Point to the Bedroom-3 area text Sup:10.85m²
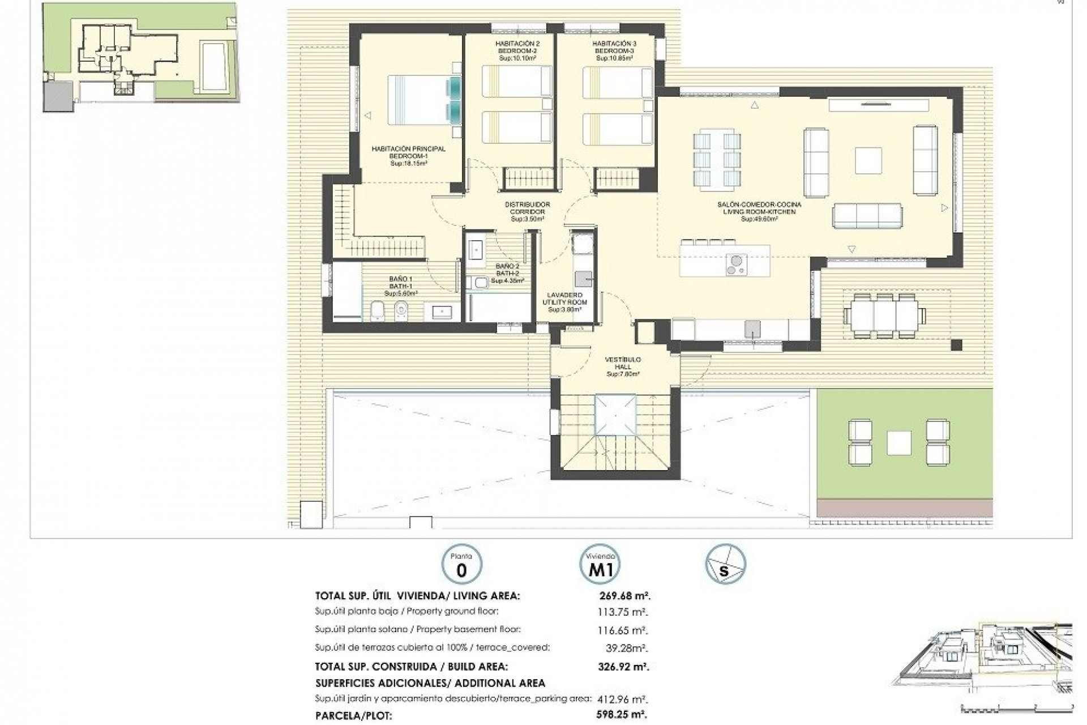tap(614, 58)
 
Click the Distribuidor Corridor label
tap(527, 211)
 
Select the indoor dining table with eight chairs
tap(716, 159)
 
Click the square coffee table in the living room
tap(868, 160)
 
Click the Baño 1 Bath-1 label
tap(400, 286)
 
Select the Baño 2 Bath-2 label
tap(507, 273)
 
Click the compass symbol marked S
tap(725, 565)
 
